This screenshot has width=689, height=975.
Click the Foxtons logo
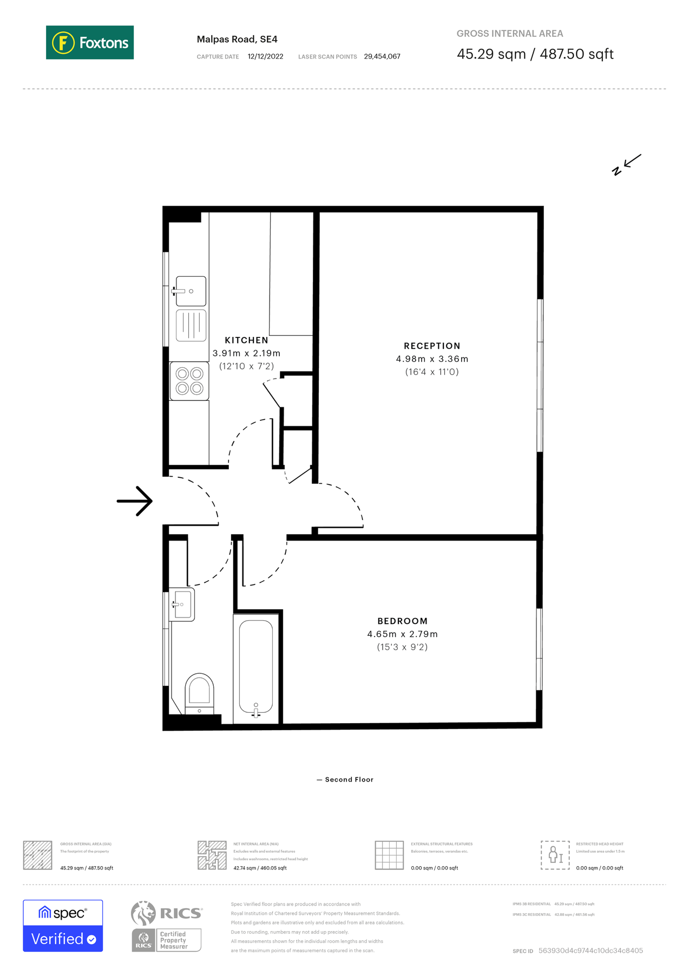click(90, 42)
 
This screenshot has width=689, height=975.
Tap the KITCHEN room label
click(246, 340)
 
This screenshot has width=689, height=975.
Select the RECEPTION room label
click(432, 346)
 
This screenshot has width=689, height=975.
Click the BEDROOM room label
click(402, 621)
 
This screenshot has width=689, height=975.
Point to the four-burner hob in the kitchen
click(189, 381)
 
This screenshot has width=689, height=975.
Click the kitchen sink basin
click(191, 291)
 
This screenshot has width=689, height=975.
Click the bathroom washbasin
click(182, 604)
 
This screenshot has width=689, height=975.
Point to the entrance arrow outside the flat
click(135, 501)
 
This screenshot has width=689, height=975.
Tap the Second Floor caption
click(349, 779)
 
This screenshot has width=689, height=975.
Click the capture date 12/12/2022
click(265, 56)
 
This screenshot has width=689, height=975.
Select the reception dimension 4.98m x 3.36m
click(432, 359)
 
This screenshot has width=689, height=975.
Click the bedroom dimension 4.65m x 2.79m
click(402, 634)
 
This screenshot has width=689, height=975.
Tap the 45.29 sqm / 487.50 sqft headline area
click(535, 54)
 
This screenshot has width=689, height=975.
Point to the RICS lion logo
click(143, 913)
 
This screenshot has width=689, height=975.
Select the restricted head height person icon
click(555, 855)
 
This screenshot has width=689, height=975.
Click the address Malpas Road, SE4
click(237, 39)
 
